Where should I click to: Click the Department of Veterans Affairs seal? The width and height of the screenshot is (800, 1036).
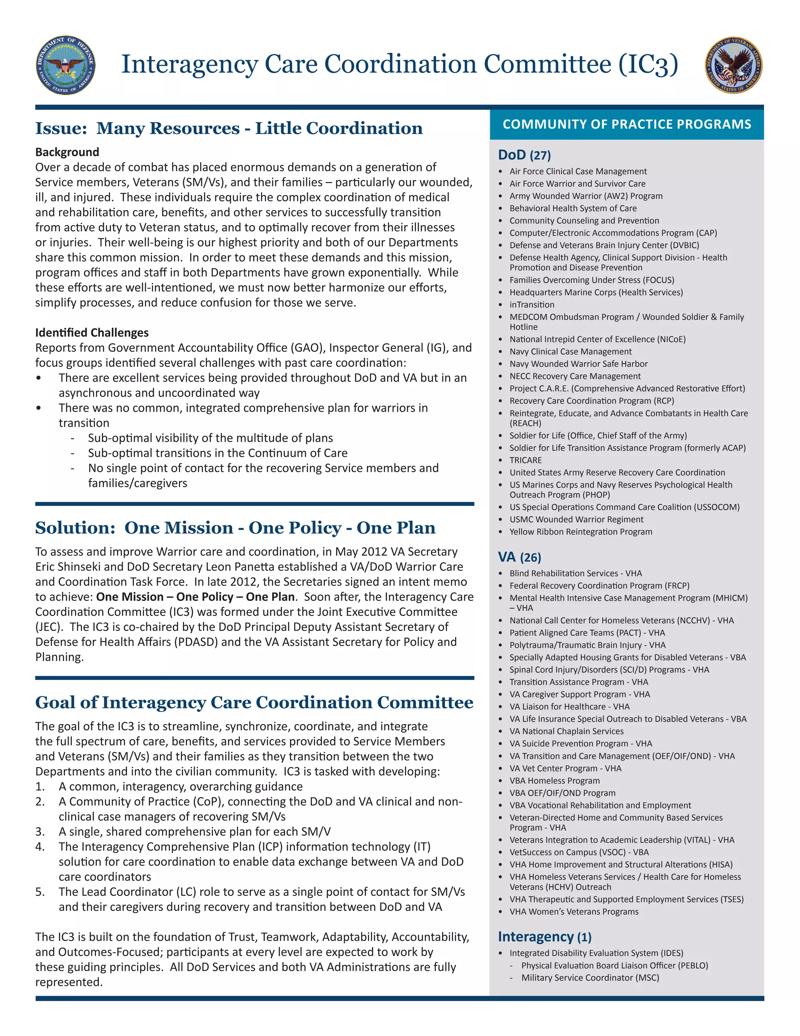734,65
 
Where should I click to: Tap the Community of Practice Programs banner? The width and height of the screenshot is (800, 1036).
627,124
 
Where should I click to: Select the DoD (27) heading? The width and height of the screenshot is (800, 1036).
524,155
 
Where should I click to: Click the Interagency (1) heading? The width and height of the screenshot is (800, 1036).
545,936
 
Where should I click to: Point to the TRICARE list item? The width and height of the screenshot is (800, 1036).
526,460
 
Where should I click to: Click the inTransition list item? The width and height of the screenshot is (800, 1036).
532,305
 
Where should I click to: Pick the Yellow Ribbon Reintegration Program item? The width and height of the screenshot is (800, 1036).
580,532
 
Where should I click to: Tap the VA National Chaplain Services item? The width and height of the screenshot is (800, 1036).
566,731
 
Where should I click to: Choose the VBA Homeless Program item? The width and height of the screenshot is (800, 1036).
555,780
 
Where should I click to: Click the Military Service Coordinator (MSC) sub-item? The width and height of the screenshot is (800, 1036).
590,978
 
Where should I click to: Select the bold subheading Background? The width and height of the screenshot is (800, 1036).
67,152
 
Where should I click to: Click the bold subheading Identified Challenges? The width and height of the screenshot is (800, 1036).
92,333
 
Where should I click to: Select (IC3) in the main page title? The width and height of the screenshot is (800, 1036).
648,65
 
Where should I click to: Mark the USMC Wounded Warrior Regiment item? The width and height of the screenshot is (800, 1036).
576,520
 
